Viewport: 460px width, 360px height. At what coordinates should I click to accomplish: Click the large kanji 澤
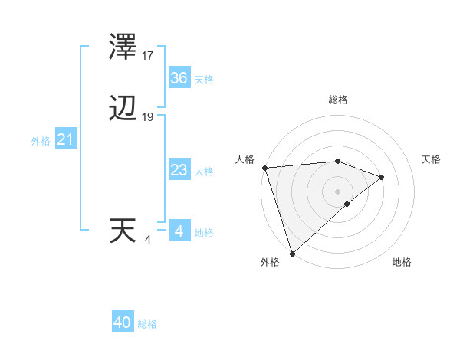[x=123, y=49]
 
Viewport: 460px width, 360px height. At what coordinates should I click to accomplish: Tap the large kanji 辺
[x=123, y=110]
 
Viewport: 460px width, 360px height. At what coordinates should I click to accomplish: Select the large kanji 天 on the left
[x=123, y=231]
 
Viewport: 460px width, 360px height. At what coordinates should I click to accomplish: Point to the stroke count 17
[x=148, y=56]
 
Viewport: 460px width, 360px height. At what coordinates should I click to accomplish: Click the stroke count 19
[x=148, y=117]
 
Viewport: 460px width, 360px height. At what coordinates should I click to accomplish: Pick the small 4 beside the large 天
[x=148, y=240]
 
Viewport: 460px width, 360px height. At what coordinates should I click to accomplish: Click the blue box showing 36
[x=179, y=78]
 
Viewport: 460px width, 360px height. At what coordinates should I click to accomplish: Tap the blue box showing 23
[x=179, y=170]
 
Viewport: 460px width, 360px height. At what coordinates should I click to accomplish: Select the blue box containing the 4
[x=179, y=231]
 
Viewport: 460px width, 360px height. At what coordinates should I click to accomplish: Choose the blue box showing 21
[x=65, y=140]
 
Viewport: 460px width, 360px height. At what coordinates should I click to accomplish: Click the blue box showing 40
[x=123, y=322]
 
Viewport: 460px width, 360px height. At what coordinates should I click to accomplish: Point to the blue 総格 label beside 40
[x=148, y=324]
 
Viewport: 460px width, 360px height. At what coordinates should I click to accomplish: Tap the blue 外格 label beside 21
[x=41, y=141]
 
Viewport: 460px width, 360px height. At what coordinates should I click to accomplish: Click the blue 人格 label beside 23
[x=205, y=172]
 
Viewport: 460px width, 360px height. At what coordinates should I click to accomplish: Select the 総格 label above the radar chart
[x=338, y=100]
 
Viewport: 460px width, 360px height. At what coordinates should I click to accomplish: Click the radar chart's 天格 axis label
[x=432, y=159]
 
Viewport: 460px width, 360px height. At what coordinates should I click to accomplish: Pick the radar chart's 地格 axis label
[x=402, y=262]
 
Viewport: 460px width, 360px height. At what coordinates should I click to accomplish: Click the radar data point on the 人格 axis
[x=264, y=168]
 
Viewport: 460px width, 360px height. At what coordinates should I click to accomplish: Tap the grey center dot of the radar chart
[x=338, y=191]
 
